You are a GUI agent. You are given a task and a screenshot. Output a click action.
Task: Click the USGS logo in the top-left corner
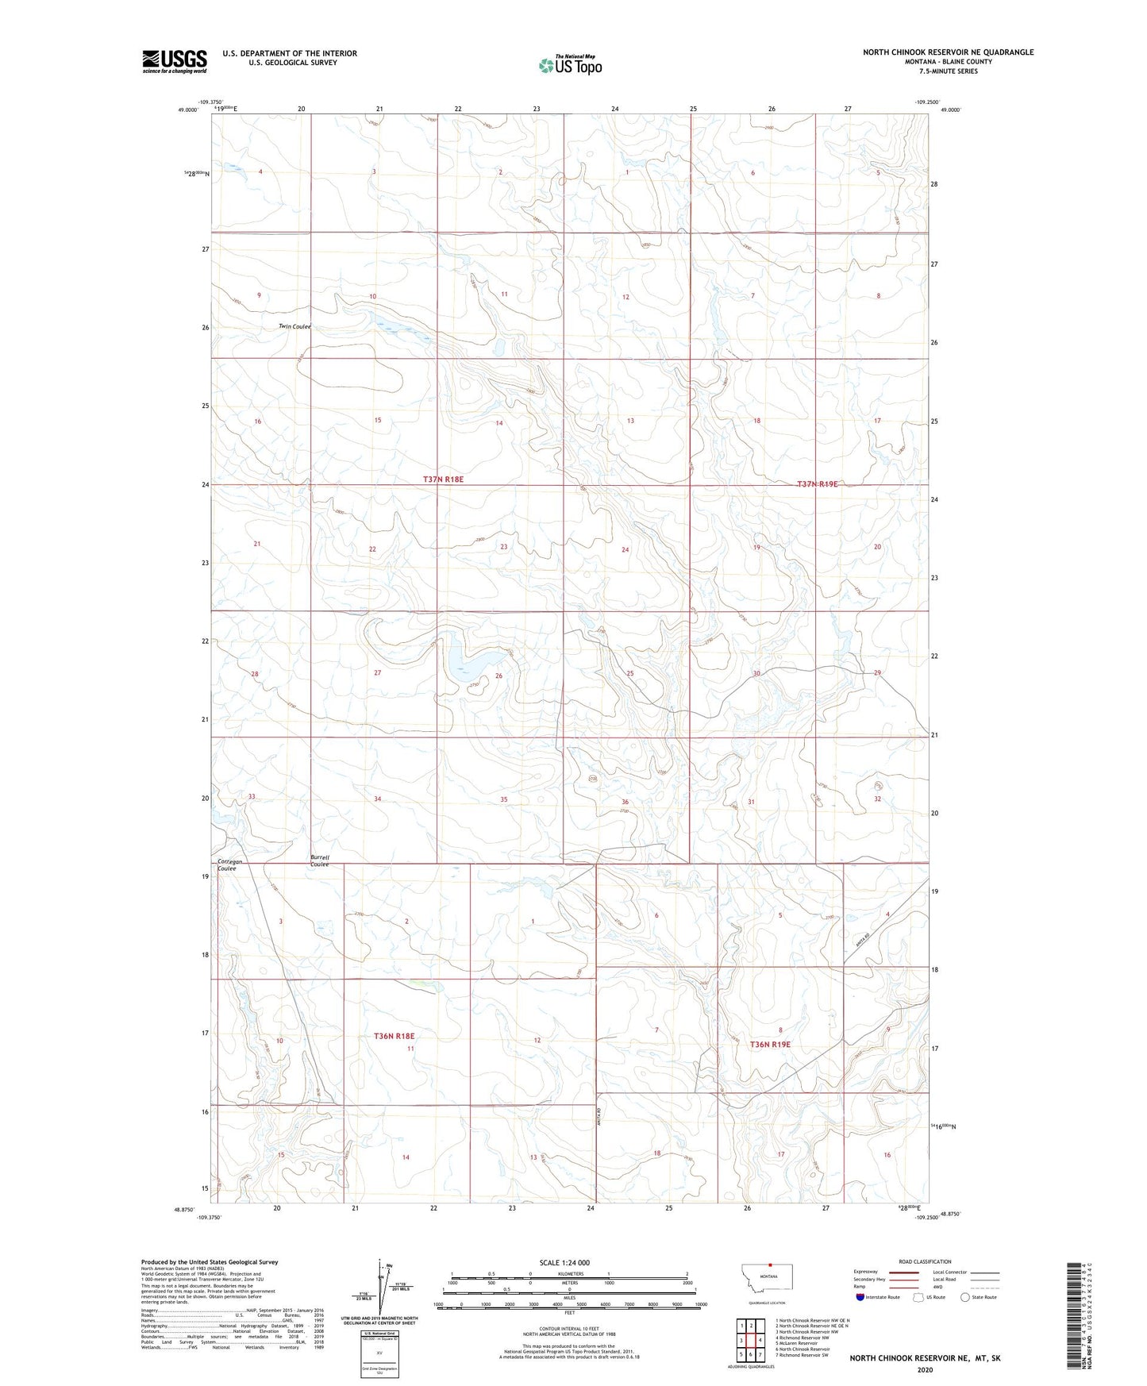pyautogui.click(x=174, y=60)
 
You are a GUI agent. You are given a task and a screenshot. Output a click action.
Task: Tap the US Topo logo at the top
pyautogui.click(x=569, y=64)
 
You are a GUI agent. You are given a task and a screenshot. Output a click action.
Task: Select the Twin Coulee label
pyautogui.click(x=294, y=326)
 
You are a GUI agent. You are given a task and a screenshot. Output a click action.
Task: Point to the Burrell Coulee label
pyautogui.click(x=320, y=861)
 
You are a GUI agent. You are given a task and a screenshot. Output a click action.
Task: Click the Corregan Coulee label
pyautogui.click(x=229, y=864)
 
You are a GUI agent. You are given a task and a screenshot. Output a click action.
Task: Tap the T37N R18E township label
pyautogui.click(x=443, y=479)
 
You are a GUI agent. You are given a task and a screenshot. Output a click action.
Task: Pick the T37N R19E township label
pyautogui.click(x=818, y=483)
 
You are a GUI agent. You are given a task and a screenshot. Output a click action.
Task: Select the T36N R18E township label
pyautogui.click(x=395, y=1036)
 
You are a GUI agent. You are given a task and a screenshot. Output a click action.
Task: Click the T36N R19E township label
pyautogui.click(x=770, y=1045)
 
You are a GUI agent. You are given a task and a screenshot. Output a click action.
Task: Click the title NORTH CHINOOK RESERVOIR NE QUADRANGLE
pyautogui.click(x=949, y=52)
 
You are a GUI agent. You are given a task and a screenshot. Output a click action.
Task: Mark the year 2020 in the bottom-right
pyautogui.click(x=925, y=1369)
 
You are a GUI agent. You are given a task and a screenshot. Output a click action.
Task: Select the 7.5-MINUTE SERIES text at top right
pyautogui.click(x=949, y=71)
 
